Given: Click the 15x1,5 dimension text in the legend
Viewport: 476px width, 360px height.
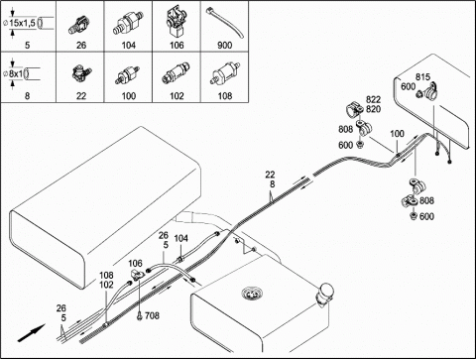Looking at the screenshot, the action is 22,23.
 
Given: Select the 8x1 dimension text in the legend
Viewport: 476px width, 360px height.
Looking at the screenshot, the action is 16,73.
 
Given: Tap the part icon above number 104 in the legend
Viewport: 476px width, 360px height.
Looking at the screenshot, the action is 128,23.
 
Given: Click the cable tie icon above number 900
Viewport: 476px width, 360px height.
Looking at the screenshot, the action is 225,23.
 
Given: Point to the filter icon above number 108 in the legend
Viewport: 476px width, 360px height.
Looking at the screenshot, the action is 225,73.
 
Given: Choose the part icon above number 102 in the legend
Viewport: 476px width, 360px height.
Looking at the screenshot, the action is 177,73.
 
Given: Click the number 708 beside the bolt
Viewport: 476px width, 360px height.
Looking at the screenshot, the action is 152,315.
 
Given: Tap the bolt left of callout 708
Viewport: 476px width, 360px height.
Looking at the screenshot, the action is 139,316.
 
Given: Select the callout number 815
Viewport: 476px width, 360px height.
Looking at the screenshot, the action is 422,77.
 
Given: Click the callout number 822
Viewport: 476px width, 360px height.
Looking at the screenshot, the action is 373,99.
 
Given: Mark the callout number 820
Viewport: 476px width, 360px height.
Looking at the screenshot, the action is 373,109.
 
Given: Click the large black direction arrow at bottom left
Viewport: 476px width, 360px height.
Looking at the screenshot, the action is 31,332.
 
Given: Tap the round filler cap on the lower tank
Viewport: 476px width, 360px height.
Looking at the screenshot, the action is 326,293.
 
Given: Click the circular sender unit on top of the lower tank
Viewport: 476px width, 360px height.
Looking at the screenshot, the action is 251,293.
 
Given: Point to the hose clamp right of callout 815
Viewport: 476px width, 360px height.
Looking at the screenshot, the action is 430,91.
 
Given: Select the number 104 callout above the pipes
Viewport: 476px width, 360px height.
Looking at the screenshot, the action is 180,238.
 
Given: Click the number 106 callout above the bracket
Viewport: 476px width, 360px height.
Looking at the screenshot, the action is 135,264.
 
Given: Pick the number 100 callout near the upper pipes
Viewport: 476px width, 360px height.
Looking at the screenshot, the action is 397,134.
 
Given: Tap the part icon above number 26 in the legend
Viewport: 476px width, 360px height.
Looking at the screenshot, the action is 80,25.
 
